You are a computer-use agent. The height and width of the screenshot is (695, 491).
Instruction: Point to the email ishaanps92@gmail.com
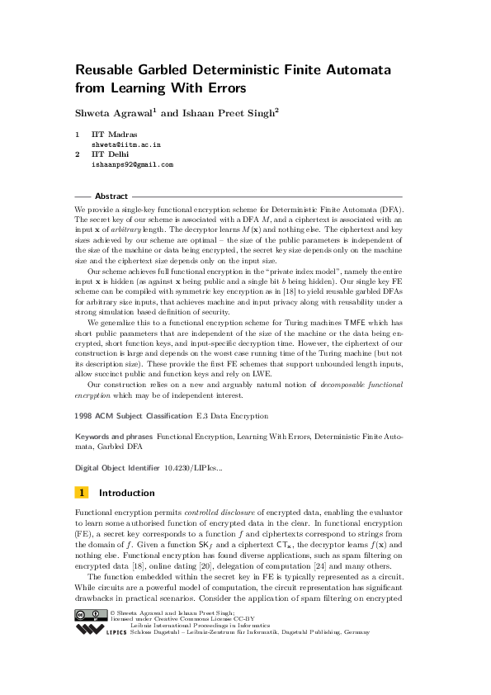[x=132, y=164]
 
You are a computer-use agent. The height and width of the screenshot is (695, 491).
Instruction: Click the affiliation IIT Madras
[x=114, y=134]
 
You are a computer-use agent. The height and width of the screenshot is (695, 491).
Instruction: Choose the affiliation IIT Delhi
[x=110, y=154]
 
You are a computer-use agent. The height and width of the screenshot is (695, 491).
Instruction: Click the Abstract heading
[x=111, y=196]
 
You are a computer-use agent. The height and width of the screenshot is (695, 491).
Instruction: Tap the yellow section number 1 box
[x=82, y=493]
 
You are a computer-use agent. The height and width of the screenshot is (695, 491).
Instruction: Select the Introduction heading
[x=126, y=493]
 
